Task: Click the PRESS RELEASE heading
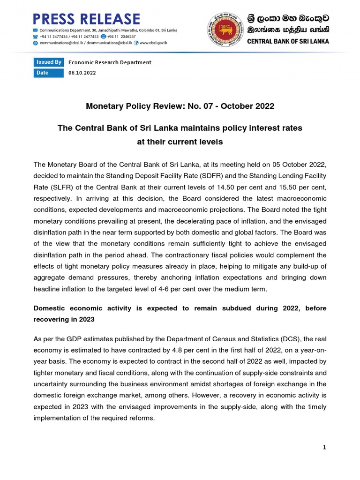click(x=86, y=19)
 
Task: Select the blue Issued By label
click(x=49, y=62)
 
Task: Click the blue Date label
click(x=43, y=73)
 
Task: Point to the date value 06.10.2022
click(x=82, y=73)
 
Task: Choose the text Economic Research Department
click(x=110, y=62)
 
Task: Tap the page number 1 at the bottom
click(x=324, y=447)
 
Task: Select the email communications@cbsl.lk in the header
click(x=60, y=42)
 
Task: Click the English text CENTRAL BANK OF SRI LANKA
click(x=288, y=41)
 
